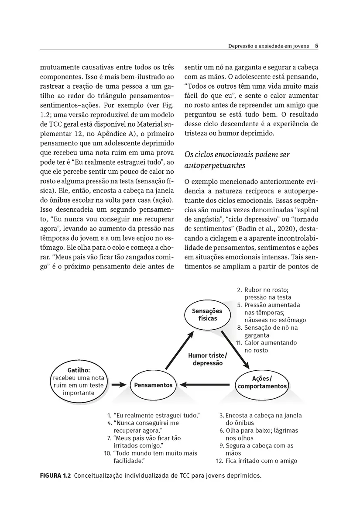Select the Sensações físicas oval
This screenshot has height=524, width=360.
pos(207,315)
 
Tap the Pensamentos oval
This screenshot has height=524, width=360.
pos(153,385)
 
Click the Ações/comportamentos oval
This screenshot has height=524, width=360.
pos(262,382)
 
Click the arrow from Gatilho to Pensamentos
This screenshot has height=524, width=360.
pos(119,385)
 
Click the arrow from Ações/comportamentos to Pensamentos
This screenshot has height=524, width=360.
pos(207,385)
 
